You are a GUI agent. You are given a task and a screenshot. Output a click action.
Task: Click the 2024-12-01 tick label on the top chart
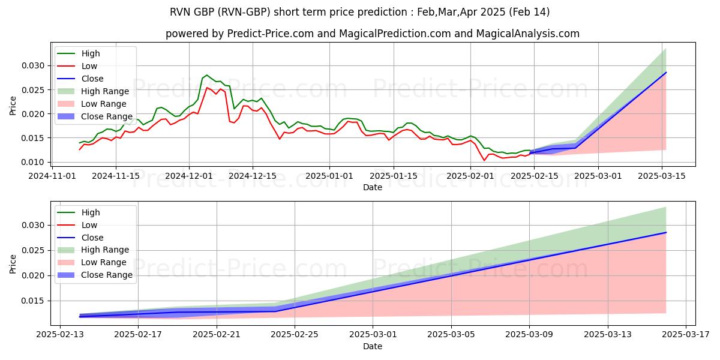(x=189, y=176)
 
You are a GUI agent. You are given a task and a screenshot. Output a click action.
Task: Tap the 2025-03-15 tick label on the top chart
(x=662, y=176)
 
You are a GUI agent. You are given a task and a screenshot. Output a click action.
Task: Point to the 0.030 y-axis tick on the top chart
(x=33, y=65)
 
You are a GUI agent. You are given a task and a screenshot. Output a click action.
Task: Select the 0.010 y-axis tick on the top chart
(x=33, y=162)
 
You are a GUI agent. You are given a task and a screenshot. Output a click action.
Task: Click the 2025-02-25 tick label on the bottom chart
(x=295, y=335)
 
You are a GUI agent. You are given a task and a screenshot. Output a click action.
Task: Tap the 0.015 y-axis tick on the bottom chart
(x=33, y=301)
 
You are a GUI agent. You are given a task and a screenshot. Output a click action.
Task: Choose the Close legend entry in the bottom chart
(x=93, y=238)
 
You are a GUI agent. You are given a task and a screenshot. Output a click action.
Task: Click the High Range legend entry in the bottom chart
(x=106, y=250)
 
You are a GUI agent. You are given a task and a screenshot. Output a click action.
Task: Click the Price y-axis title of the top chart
(x=13, y=105)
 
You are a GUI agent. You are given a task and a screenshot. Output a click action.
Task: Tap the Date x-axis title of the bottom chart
(x=373, y=346)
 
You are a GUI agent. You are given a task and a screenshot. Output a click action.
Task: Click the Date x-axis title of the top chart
(x=373, y=187)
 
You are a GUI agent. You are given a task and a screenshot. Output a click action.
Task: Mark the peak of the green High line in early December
(x=206, y=75)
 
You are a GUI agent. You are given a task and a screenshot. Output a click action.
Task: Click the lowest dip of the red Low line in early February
(x=484, y=160)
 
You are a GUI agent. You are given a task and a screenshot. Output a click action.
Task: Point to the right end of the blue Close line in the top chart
(x=666, y=73)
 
